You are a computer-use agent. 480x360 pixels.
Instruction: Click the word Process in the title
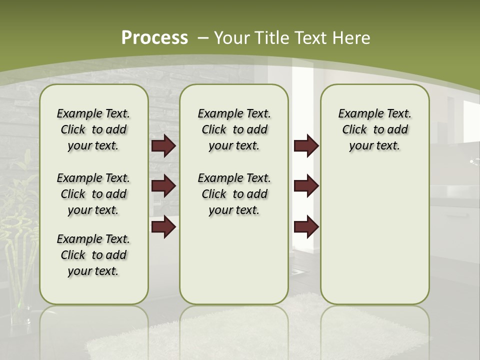pos(154,37)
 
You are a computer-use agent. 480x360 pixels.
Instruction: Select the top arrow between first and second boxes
pos(163,146)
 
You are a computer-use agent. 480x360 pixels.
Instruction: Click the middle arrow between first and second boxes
pos(163,186)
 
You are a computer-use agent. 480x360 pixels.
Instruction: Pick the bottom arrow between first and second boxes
pos(163,226)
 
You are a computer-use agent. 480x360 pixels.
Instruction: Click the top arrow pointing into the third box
pos(306,146)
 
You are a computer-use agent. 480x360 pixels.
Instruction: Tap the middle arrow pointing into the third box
pos(306,186)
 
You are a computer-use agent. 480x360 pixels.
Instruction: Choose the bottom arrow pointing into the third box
pos(306,226)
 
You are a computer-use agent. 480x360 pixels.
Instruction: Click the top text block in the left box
pos(93,129)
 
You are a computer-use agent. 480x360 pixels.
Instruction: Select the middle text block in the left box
pos(93,194)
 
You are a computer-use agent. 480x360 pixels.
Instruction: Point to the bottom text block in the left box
pos(93,255)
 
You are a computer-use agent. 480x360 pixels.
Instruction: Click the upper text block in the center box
pos(234,129)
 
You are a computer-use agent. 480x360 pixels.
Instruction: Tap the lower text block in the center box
pos(234,194)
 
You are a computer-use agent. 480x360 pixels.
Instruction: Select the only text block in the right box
pos(374,129)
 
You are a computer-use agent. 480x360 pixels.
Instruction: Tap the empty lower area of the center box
pos(234,260)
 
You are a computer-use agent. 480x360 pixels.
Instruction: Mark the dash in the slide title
pos(203,37)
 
